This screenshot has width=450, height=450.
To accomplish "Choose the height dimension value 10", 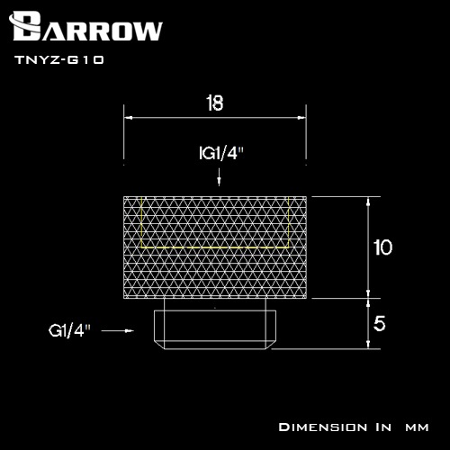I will tap(382, 247).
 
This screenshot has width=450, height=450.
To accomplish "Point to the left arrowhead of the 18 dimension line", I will tap(127, 117).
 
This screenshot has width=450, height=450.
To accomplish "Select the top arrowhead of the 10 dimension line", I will tap(367, 201).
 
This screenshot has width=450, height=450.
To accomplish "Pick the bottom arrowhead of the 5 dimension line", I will tap(367, 344).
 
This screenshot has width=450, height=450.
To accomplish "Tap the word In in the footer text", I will tap(379, 426).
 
